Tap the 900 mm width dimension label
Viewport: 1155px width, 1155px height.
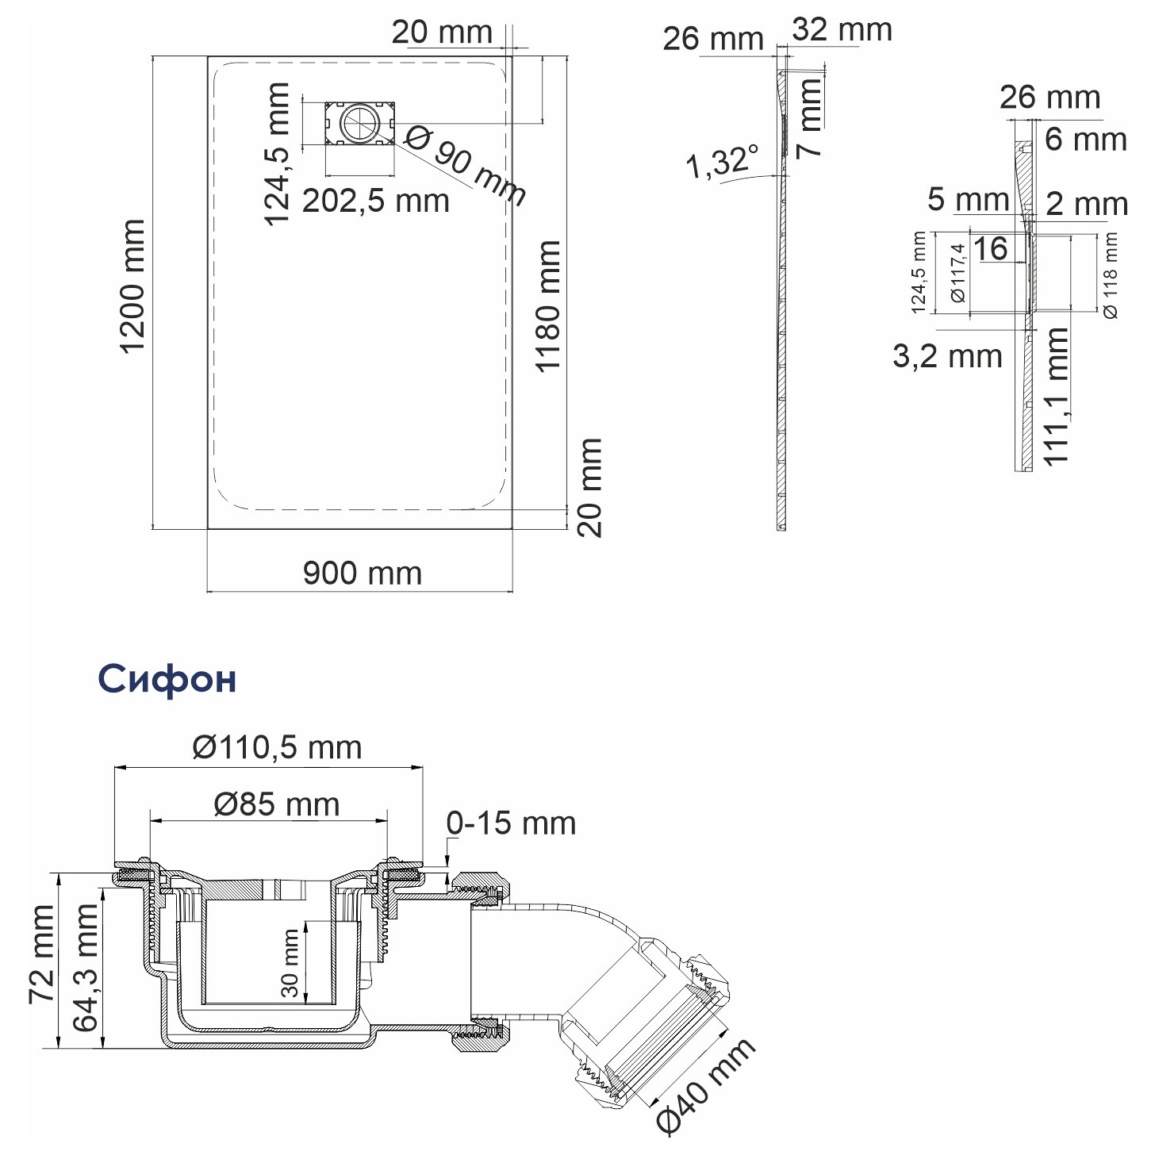(362, 574)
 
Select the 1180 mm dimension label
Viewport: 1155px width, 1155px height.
(547, 306)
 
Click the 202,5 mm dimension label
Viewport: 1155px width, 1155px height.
(376, 201)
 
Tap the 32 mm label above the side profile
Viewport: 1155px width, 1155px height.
(842, 29)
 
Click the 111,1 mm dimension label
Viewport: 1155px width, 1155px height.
(1056, 396)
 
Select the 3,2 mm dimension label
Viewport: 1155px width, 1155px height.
(948, 357)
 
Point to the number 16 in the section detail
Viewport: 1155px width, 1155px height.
(990, 249)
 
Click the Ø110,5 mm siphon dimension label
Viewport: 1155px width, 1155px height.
(277, 747)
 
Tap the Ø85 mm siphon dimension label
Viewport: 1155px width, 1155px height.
(276, 804)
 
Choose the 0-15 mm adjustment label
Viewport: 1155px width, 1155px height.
(511, 823)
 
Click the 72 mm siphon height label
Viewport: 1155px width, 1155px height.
(42, 954)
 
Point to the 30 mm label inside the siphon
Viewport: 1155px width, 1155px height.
(290, 963)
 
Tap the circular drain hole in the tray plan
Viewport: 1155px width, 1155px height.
(359, 123)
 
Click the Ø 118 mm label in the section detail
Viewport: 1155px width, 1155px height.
(1110, 276)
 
